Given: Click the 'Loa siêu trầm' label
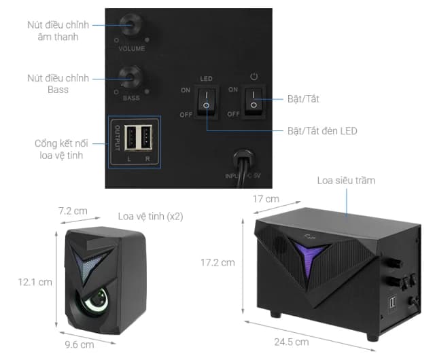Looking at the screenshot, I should tap(346, 181).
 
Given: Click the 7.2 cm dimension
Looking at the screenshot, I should tap(73, 211).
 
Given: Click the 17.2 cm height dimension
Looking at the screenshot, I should tap(217, 262).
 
